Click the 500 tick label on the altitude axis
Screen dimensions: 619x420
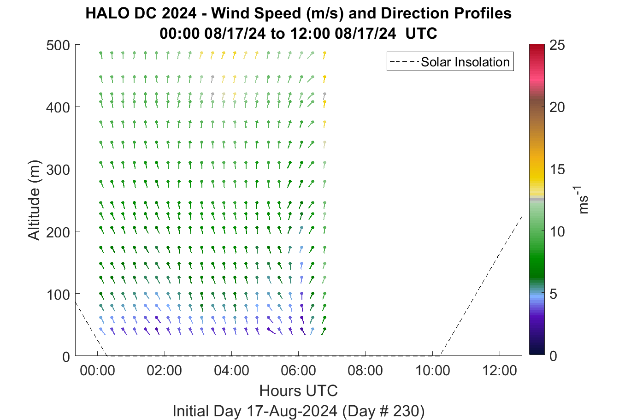coord(58,46)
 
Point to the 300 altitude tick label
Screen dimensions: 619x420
coord(58,170)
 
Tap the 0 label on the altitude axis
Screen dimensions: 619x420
coord(66,357)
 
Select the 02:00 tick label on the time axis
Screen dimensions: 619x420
coord(165,371)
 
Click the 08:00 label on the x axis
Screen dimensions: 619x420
coord(366,371)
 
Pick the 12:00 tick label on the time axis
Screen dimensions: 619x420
coord(499,371)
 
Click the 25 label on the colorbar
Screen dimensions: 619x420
coord(557,45)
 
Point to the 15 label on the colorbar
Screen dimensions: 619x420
coord(557,170)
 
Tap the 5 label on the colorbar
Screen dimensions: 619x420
coord(553,294)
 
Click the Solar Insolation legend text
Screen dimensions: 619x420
coord(465,62)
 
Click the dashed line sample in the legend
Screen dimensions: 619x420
coord(404,62)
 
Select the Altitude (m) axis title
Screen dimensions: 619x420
coord(34,200)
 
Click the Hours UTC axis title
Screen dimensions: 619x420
coord(299,390)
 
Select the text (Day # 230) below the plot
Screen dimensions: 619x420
coord(383,411)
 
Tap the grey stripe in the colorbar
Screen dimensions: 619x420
coord(536,199)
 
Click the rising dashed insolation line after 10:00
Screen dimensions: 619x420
coord(481,285)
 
